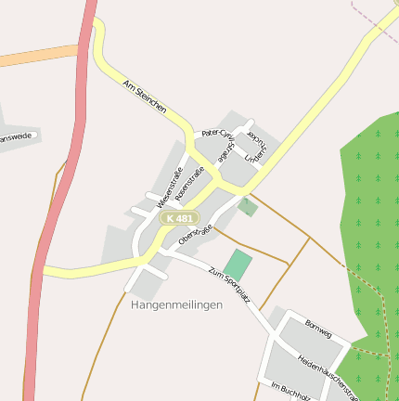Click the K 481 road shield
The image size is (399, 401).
179,218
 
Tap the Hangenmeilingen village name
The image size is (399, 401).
177,304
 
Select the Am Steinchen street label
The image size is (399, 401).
145,97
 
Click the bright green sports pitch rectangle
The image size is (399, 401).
238,264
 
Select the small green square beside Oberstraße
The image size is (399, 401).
248,207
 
